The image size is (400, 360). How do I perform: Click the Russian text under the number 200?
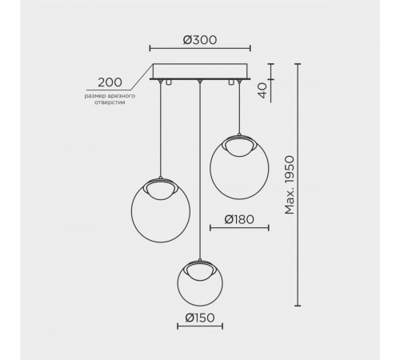point(110,98)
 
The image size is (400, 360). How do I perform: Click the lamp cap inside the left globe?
point(161,187)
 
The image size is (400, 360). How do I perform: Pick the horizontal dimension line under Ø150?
point(199,326)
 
